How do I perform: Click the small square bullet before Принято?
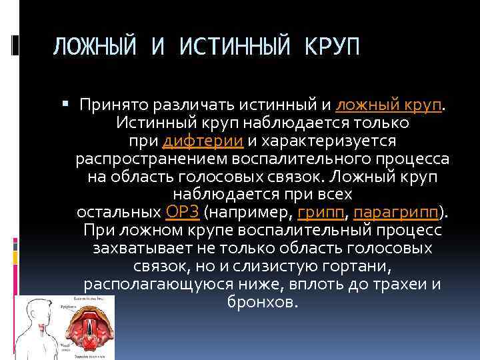point(65,105)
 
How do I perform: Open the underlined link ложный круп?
point(390,105)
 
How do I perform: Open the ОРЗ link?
point(181,213)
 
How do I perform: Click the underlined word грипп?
point(322,213)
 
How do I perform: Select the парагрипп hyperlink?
point(397,213)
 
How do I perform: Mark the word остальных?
point(119,213)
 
